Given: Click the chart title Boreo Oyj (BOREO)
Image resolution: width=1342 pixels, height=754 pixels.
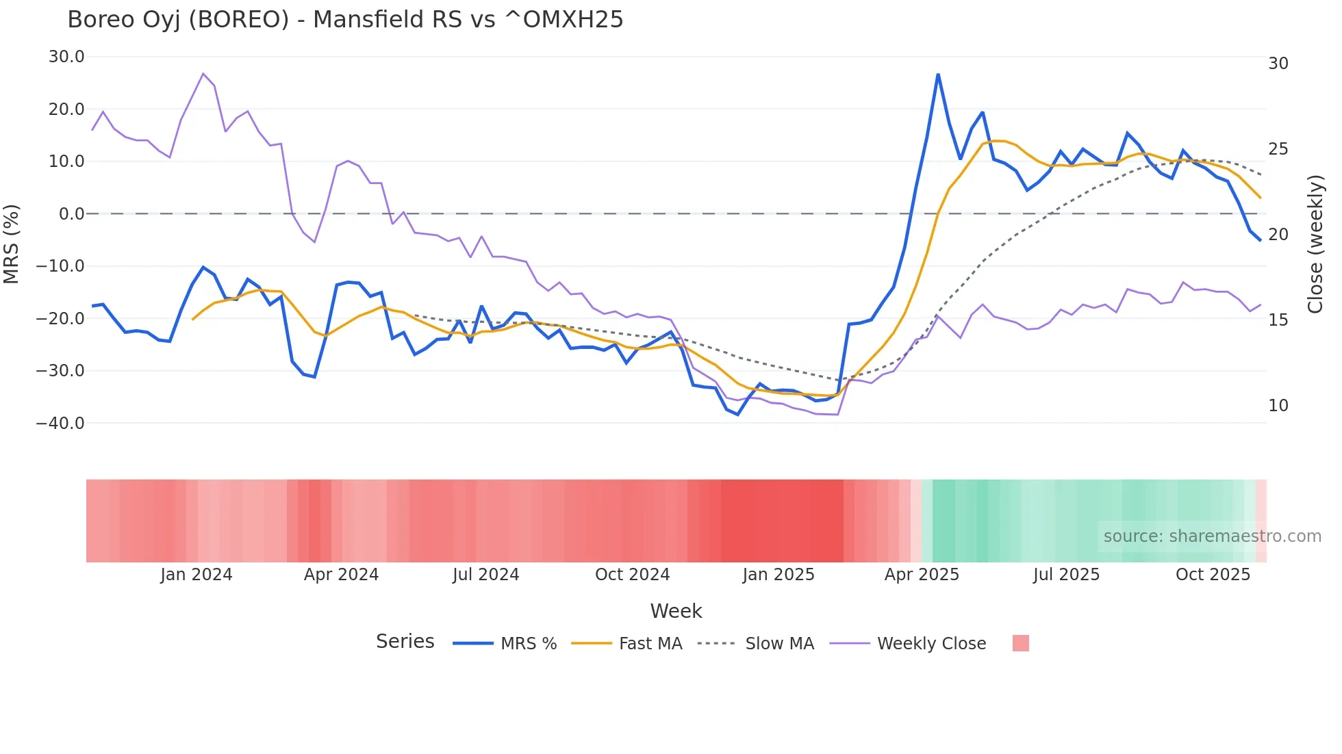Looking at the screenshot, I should point(345,20).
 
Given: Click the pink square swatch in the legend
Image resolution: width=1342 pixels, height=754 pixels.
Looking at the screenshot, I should point(1020,643).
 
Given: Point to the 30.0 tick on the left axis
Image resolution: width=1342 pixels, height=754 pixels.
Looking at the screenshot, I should point(66,57).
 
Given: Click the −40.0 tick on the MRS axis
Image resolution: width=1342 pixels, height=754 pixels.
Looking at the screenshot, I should point(60,424).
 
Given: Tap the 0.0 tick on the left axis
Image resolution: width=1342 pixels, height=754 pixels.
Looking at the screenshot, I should point(71,214).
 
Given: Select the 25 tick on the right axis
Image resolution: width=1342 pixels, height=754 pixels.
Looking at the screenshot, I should point(1278,149).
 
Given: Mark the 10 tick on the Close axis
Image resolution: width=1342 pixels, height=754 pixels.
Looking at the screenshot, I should point(1278,406).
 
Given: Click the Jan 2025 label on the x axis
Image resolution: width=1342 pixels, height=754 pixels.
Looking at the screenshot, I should point(778,575).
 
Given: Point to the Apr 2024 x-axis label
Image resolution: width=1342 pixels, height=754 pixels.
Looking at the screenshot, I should point(341,575).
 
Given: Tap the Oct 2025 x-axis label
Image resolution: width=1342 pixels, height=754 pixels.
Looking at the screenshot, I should point(1213,575).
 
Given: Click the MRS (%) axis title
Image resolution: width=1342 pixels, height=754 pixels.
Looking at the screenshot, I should point(12,244).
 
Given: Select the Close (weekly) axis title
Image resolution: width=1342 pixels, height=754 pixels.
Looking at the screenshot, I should point(1315,244).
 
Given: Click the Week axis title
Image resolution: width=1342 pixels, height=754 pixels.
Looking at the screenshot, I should point(676,611).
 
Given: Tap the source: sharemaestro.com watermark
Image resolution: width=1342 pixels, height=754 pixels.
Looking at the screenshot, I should point(1212,536).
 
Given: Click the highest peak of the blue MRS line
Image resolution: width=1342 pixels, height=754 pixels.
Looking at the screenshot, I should point(938,74).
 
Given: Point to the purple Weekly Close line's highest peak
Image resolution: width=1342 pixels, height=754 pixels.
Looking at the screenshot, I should point(203,73).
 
